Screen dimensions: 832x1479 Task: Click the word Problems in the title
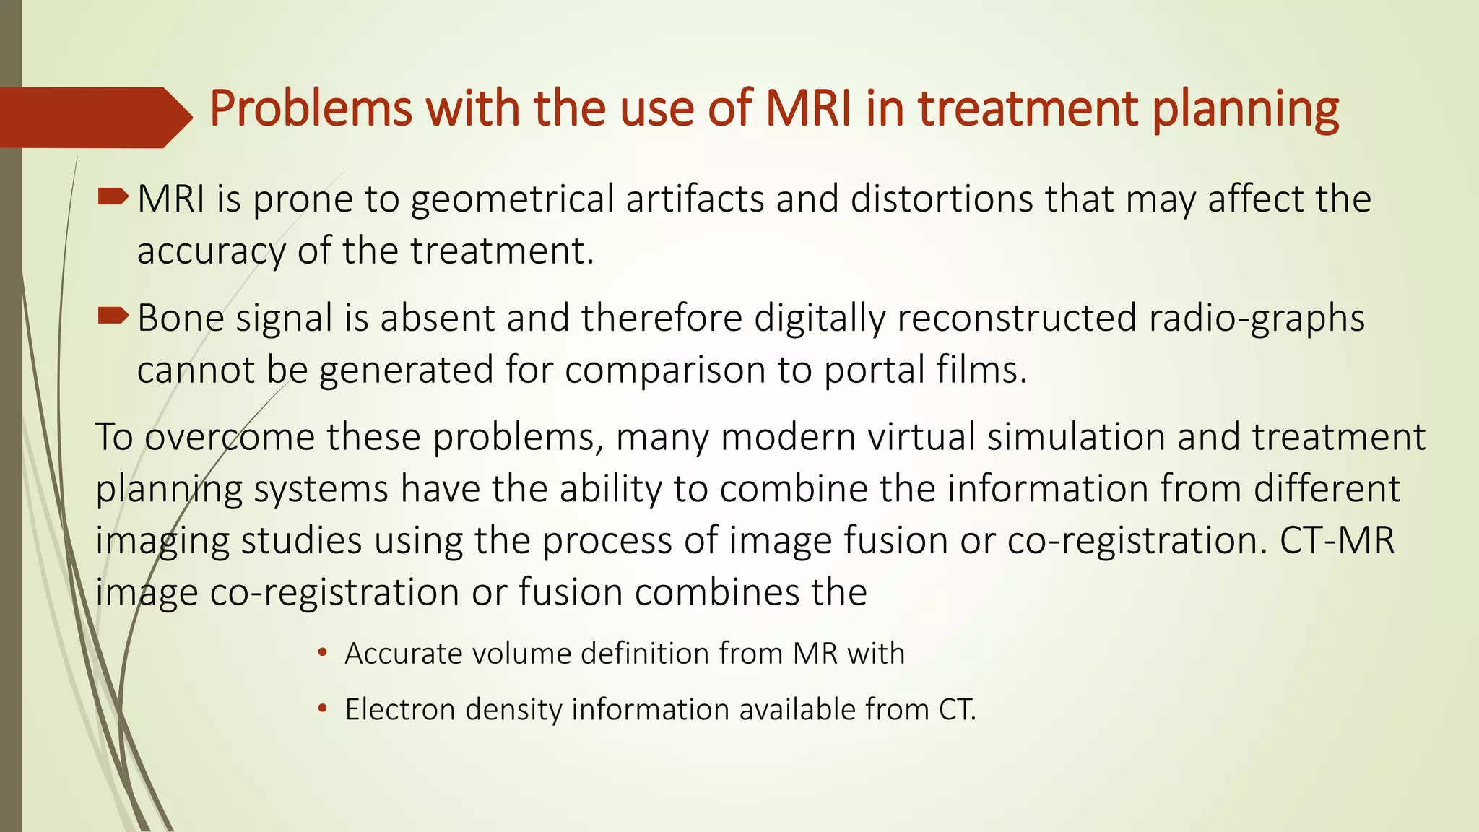[x=310, y=110]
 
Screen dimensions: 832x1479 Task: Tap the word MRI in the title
[x=808, y=108]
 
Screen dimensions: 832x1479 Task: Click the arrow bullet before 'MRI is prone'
[x=113, y=196]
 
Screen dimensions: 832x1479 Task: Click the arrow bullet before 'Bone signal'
[x=113, y=315]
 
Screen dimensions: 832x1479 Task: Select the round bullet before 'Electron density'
[x=323, y=709]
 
